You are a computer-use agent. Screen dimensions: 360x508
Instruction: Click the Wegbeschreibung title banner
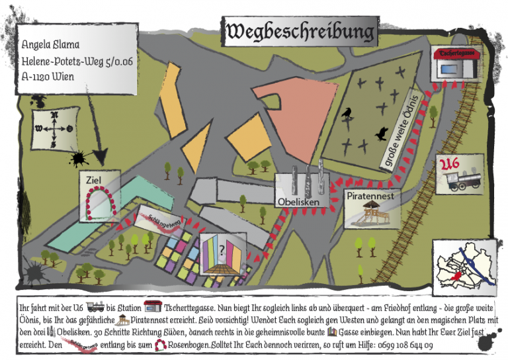coord(300,31)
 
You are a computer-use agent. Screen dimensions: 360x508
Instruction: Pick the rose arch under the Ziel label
coord(101,201)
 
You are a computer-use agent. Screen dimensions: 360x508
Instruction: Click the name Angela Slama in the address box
coord(51,45)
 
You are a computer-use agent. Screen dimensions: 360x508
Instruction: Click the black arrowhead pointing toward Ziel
coord(101,156)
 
